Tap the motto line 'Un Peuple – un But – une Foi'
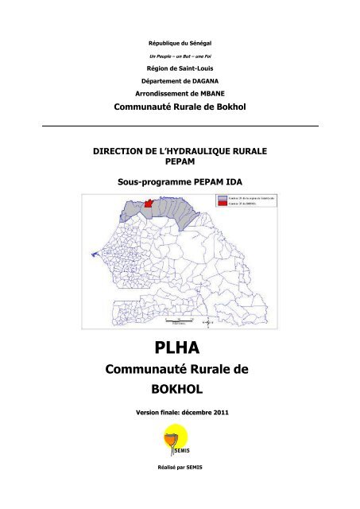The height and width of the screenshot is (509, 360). coord(179,59)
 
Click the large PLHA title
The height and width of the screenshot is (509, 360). coord(180,350)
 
